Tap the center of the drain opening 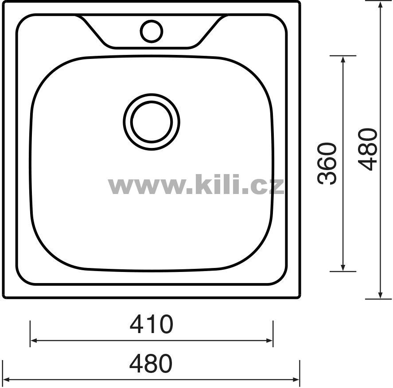pyautogui.click(x=152, y=122)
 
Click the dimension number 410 pyautogui.click(x=152, y=324)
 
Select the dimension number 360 pyautogui.click(x=327, y=163)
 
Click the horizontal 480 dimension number pyautogui.click(x=151, y=363)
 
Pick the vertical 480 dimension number pyautogui.click(x=368, y=150)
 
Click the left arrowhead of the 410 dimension pyautogui.click(x=34, y=341)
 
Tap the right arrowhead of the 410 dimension pyautogui.click(x=269, y=341)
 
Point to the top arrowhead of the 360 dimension pyautogui.click(x=343, y=59)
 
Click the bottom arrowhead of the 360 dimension pyautogui.click(x=343, y=268)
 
